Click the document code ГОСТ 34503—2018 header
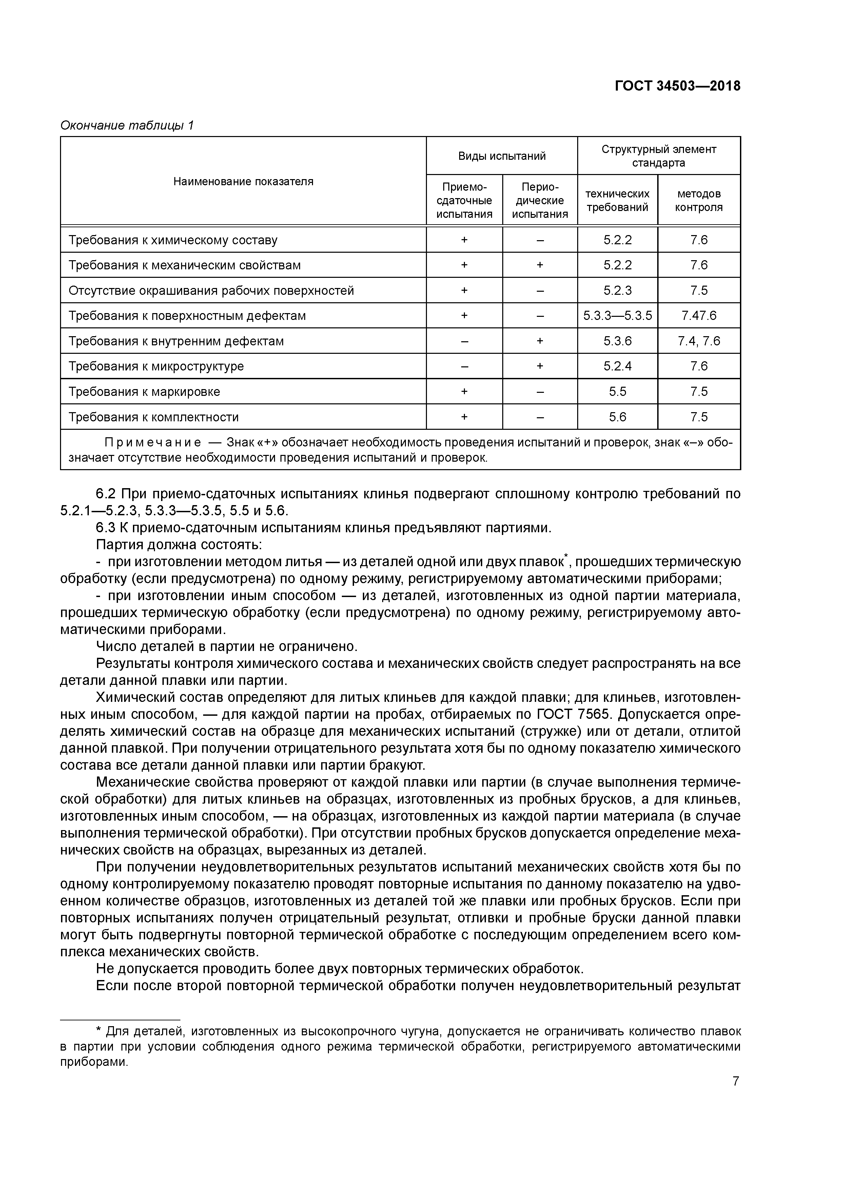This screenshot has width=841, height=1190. click(677, 86)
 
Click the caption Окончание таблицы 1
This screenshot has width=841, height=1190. click(127, 126)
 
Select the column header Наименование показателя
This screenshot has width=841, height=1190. click(243, 181)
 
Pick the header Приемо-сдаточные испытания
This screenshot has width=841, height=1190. click(464, 200)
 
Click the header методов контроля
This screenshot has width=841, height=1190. click(699, 200)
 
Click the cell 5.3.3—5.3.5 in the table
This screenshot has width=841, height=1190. click(617, 315)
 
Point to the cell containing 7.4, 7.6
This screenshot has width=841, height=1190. click(699, 341)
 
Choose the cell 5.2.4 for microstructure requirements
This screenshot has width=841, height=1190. click(617, 366)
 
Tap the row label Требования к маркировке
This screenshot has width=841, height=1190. click(144, 392)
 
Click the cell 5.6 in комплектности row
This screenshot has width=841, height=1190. click(617, 417)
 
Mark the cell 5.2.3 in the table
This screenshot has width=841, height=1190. click(617, 290)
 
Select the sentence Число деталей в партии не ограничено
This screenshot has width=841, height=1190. click(227, 647)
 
